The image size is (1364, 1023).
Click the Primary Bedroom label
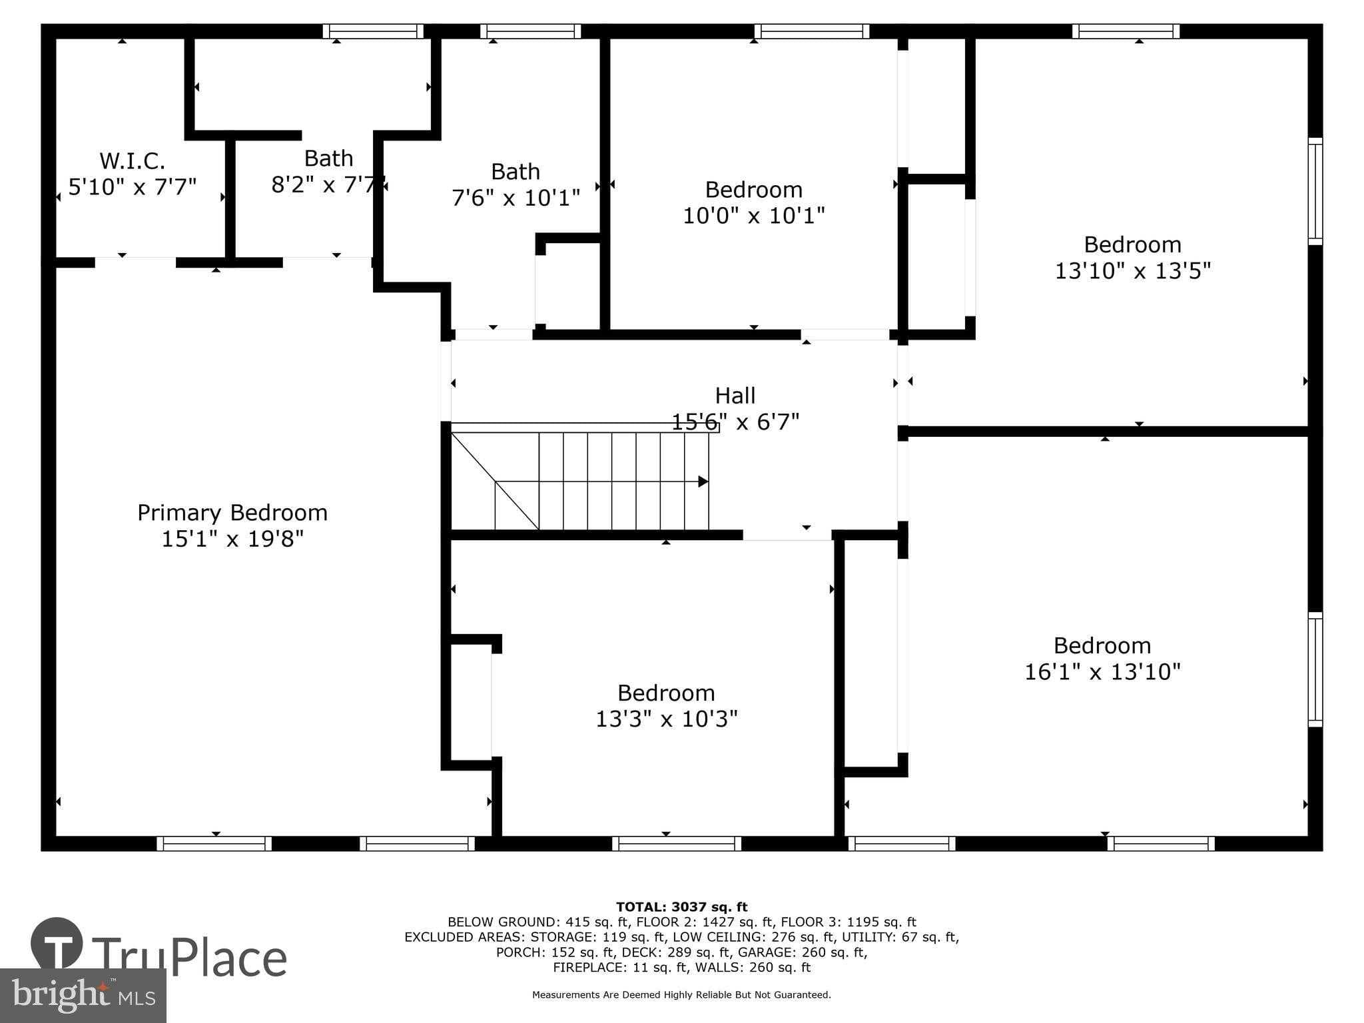(x=232, y=513)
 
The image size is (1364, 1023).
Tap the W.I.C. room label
(x=132, y=161)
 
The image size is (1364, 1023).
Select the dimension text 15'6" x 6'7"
(x=735, y=422)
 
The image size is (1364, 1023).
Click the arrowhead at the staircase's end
(x=703, y=482)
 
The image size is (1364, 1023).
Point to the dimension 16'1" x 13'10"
(x=1102, y=671)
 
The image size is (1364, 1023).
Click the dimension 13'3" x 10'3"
(x=666, y=719)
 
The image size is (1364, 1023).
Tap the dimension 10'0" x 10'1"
(x=754, y=216)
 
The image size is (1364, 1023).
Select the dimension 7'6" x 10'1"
(x=515, y=198)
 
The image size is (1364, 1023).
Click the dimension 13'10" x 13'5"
(x=1132, y=271)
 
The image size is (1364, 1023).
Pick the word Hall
(x=735, y=396)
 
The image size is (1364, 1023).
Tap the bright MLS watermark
(x=83, y=995)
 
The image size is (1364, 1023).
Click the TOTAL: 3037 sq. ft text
(x=681, y=906)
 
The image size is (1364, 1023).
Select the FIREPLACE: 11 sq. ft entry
(x=615, y=967)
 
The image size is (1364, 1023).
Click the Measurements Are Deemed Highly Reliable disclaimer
(x=681, y=995)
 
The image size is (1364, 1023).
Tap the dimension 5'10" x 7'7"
(x=132, y=187)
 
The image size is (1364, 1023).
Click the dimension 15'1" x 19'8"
(x=232, y=539)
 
